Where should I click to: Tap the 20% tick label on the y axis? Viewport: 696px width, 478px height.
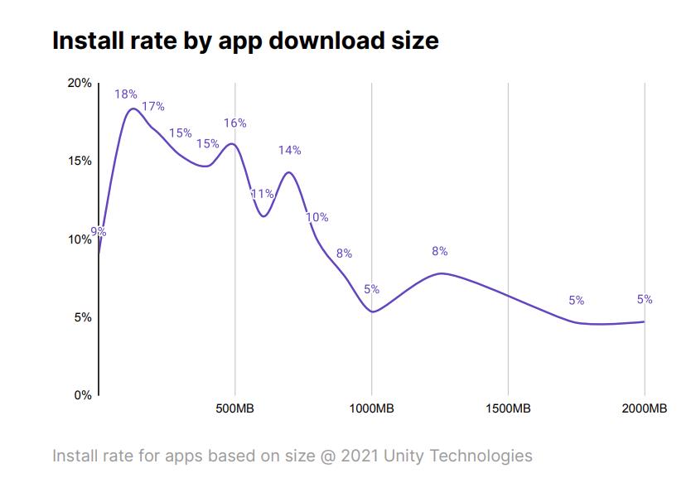click(80, 84)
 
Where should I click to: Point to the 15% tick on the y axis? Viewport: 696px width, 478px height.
click(80, 161)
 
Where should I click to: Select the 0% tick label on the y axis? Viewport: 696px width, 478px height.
click(83, 395)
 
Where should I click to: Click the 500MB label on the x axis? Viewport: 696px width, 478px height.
click(235, 409)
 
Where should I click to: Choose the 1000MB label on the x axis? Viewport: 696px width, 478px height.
click(371, 409)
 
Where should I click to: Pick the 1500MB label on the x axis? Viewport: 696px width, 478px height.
click(508, 409)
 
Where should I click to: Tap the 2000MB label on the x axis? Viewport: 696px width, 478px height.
click(644, 409)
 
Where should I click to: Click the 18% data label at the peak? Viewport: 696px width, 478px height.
click(126, 94)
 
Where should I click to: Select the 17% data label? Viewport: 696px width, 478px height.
click(153, 106)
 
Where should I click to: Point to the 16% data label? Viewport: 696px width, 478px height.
click(234, 123)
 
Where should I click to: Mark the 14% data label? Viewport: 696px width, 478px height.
click(289, 150)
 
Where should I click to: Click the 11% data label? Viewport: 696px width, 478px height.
click(262, 194)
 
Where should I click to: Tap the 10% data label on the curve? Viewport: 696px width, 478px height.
click(317, 217)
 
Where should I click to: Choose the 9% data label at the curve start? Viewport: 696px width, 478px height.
click(99, 232)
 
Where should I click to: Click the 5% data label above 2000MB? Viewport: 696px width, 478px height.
click(645, 299)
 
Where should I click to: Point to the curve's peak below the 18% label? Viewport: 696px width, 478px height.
click(133, 109)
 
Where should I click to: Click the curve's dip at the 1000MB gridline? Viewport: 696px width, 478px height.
click(372, 311)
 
